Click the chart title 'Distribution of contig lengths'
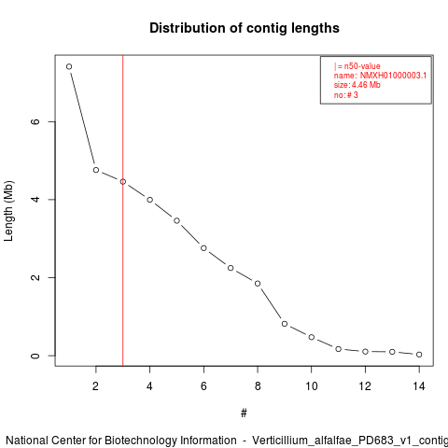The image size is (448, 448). pyautogui.click(x=245, y=28)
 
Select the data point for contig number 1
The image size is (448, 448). pyautogui.click(x=69, y=66)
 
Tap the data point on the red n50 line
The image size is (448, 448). pyautogui.click(x=123, y=182)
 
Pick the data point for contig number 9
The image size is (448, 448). pyautogui.click(x=285, y=324)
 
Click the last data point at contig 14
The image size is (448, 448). pyautogui.click(x=419, y=355)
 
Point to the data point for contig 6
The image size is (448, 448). pyautogui.click(x=203, y=248)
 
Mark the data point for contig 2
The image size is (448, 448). pyautogui.click(x=96, y=170)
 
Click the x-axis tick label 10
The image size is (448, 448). pyautogui.click(x=312, y=386)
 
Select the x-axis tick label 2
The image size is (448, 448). pyautogui.click(x=96, y=386)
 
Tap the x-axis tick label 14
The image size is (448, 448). pyautogui.click(x=419, y=386)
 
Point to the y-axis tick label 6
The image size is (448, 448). pyautogui.click(x=35, y=121)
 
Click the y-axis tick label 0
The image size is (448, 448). pyautogui.click(x=35, y=356)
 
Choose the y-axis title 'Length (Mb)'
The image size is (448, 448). pyautogui.click(x=8, y=211)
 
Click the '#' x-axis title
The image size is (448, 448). pyautogui.click(x=244, y=413)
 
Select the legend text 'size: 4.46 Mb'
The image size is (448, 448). pyautogui.click(x=357, y=85)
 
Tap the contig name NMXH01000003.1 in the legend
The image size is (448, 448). pyautogui.click(x=393, y=76)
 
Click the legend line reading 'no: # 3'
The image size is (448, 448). pyautogui.click(x=346, y=95)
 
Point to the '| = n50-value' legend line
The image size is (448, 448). pyautogui.click(x=357, y=66)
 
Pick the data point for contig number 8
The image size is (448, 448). pyautogui.click(x=258, y=284)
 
